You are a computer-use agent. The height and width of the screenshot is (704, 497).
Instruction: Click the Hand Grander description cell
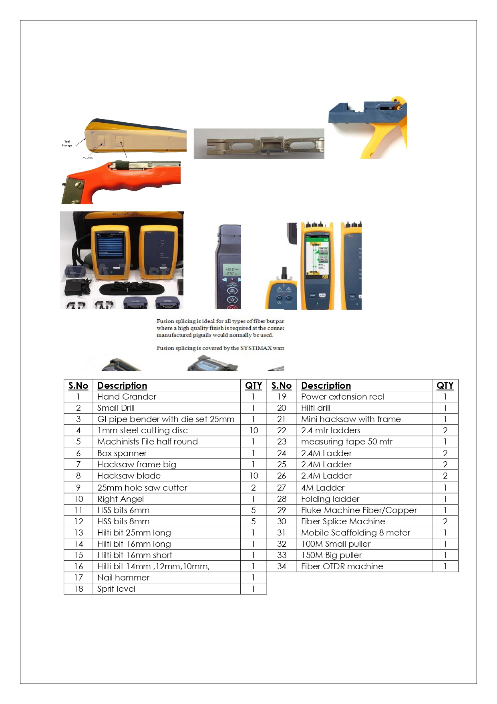click(127, 397)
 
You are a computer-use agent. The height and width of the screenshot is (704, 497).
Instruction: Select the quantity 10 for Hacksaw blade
click(254, 476)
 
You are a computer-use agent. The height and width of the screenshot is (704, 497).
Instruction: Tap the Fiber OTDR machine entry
click(342, 566)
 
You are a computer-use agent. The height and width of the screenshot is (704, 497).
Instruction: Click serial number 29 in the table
click(282, 510)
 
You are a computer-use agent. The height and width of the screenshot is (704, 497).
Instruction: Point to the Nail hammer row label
click(123, 578)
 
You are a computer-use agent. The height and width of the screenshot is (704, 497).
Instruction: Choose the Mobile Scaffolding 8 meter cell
click(356, 533)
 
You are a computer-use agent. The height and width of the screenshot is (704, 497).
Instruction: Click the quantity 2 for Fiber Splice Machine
click(445, 521)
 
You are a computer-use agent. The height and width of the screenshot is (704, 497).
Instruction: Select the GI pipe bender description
click(166, 419)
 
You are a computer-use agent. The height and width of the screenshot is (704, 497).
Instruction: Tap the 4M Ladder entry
click(323, 488)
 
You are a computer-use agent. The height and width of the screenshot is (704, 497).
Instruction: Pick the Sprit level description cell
click(116, 589)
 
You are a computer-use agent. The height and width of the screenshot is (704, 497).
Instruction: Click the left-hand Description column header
click(122, 385)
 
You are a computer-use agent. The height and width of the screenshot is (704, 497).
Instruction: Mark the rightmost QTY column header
click(445, 385)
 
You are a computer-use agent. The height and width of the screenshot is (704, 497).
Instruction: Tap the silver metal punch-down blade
click(259, 144)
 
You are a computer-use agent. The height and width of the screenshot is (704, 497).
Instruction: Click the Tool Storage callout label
click(67, 144)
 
